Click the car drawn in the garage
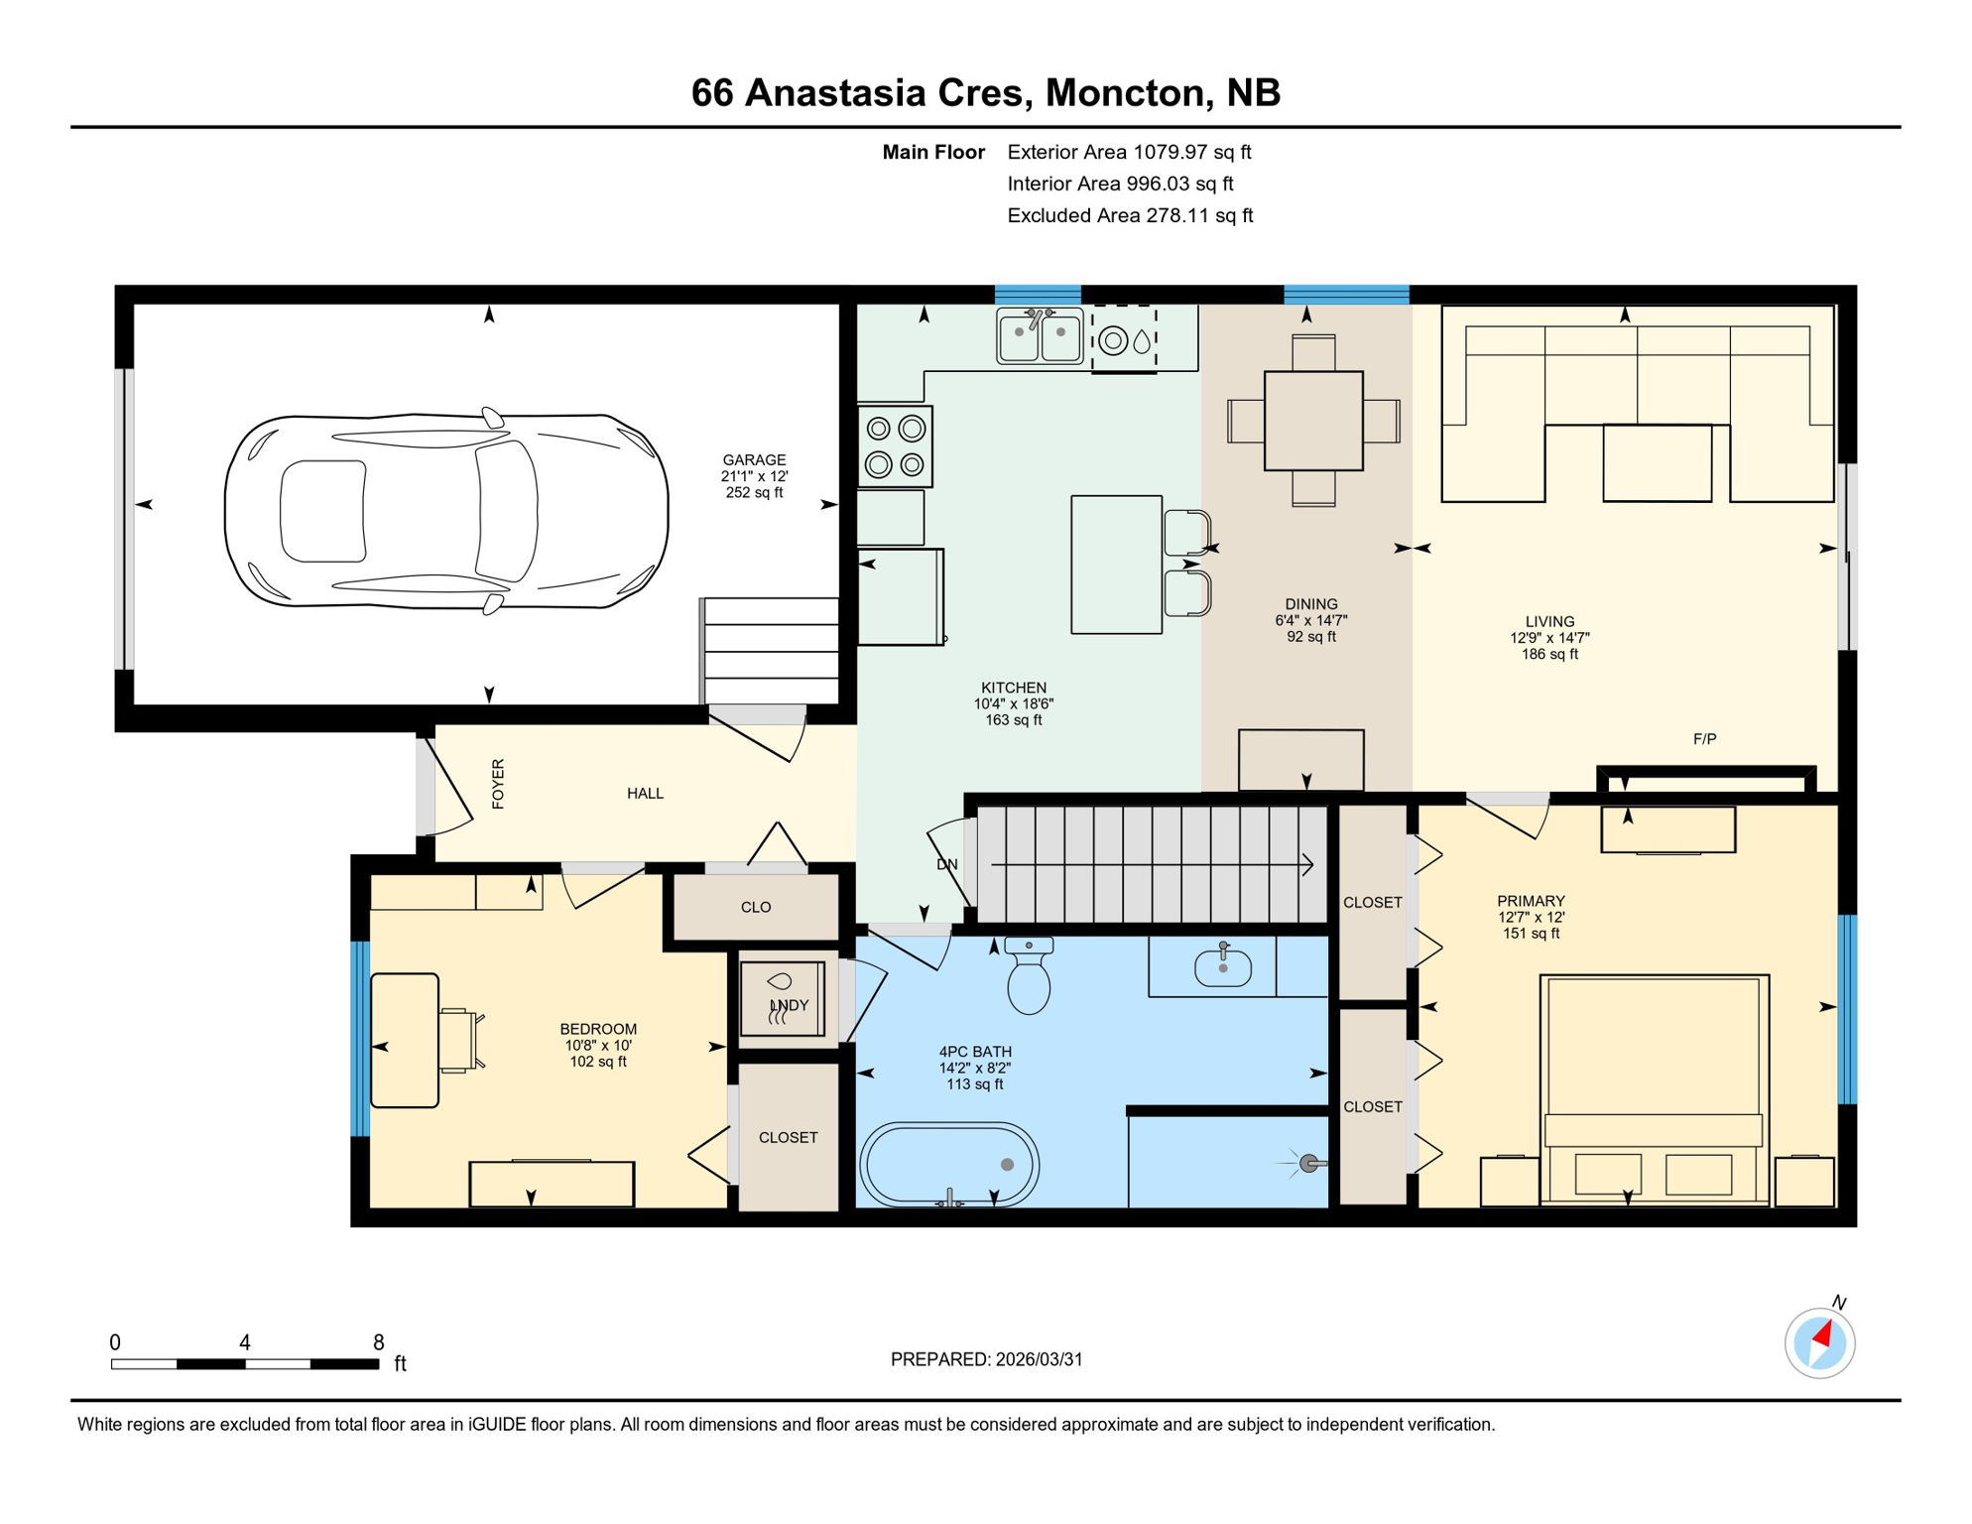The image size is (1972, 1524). (446, 511)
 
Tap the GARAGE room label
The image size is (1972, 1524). (754, 460)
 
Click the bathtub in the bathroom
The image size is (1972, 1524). (949, 1165)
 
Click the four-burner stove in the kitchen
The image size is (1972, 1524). (895, 446)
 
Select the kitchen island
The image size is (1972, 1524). (1116, 565)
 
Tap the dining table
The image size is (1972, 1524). (1313, 421)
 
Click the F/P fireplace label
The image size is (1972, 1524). (1704, 739)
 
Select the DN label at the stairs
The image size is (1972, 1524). (947, 865)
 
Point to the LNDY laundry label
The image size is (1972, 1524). (791, 1005)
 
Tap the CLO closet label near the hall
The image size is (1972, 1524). (756, 907)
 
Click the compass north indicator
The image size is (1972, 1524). (1820, 1341)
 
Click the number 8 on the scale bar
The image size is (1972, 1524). (378, 1342)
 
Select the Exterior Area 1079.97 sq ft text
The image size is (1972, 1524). (1129, 152)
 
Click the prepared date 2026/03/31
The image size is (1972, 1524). (1039, 1359)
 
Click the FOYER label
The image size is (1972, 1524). (498, 784)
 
